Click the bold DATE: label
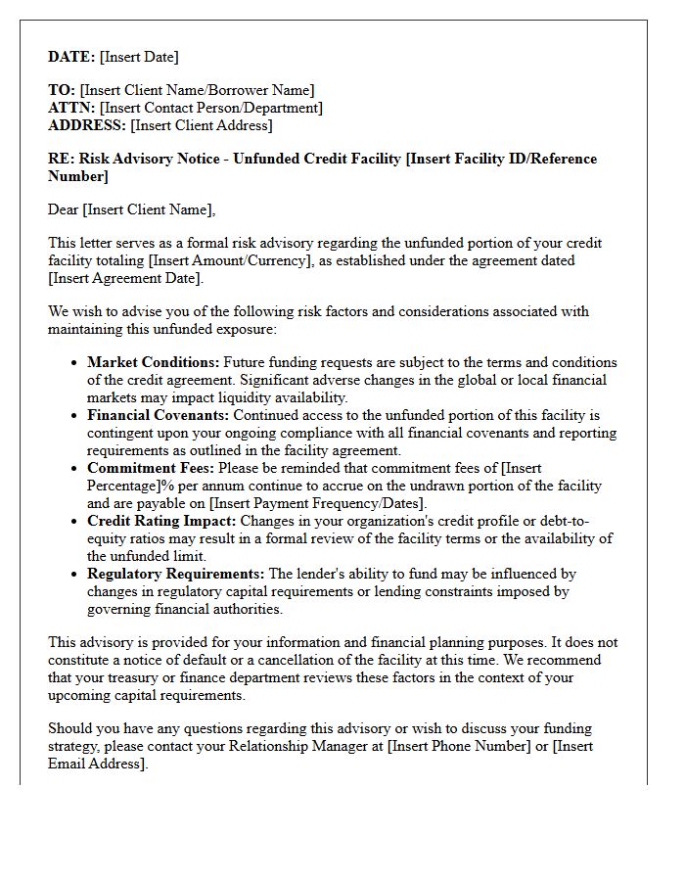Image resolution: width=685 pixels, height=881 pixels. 71,57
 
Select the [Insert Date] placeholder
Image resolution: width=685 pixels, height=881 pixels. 139,57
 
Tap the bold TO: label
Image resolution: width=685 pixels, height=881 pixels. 62,90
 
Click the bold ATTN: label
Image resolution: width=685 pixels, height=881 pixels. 71,108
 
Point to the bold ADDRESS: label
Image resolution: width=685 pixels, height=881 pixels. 87,125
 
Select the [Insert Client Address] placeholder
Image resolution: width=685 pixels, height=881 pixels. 202,125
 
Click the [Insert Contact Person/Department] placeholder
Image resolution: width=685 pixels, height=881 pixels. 210,108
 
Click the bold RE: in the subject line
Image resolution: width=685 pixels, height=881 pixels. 61,159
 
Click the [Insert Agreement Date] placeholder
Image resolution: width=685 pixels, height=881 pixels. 124,278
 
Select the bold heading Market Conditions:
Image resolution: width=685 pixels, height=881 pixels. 154,362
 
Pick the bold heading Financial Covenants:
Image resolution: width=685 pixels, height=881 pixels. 159,415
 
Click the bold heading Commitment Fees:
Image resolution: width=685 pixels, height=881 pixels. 148,468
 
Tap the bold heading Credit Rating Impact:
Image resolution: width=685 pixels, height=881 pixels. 161,521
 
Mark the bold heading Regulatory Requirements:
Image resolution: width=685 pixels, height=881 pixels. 176,574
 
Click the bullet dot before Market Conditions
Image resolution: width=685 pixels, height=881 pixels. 75,363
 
